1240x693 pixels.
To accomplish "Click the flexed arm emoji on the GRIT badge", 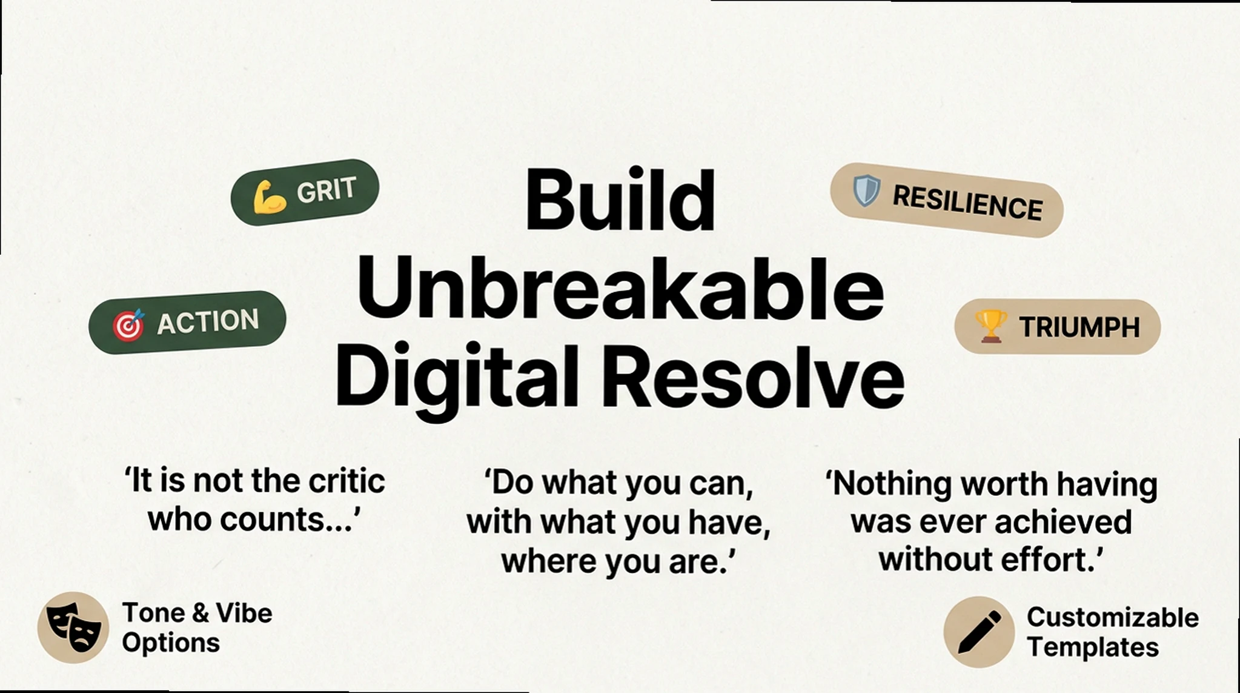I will pyautogui.click(x=269, y=197).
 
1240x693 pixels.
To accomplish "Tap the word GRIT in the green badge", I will pyautogui.click(x=326, y=190).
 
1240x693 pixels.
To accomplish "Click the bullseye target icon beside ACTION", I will pyautogui.click(x=128, y=325).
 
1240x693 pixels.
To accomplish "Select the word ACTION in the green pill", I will pyautogui.click(x=208, y=321).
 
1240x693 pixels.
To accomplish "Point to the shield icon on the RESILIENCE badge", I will pyautogui.click(x=866, y=190).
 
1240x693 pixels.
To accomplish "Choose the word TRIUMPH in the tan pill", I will pyautogui.click(x=1079, y=327).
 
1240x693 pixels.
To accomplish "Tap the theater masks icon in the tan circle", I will pyautogui.click(x=73, y=627).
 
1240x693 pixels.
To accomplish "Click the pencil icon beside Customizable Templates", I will pyautogui.click(x=978, y=632).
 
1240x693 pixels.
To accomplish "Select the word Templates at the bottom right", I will pyautogui.click(x=1092, y=647).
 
